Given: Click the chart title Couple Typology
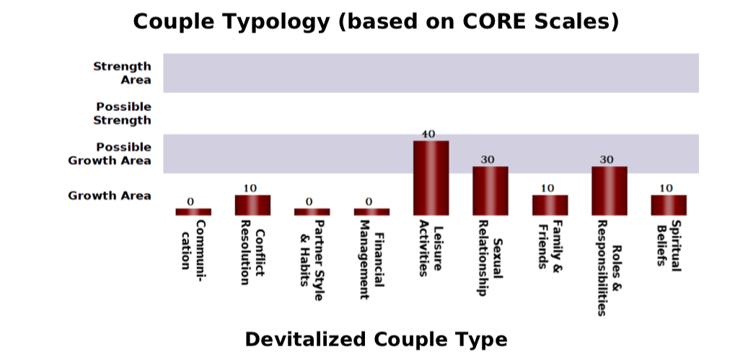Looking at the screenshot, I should coord(376,22).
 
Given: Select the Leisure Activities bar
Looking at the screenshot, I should coord(431,177).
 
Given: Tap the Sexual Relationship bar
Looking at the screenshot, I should coord(490,190).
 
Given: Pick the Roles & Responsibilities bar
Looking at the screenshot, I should coord(610,190).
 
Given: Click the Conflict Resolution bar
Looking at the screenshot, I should coord(252,205).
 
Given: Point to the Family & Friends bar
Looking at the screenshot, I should coord(550,205).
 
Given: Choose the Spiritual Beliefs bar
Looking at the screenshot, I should coord(669,205).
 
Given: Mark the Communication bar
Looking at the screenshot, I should coord(193,211).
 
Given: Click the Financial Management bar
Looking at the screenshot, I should coord(371,211).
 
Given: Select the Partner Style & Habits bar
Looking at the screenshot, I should coord(312,211).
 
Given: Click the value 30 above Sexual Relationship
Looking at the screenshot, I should coord(488,160).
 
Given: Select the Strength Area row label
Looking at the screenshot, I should coord(122,73).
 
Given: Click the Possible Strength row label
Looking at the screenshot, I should coord(123,113).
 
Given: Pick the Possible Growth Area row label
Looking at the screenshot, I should coord(110,154).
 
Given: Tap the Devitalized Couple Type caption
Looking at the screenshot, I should coord(376,339).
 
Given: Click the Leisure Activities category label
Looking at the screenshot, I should coord(431,247).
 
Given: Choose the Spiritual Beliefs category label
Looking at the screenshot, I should coord(669,243).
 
